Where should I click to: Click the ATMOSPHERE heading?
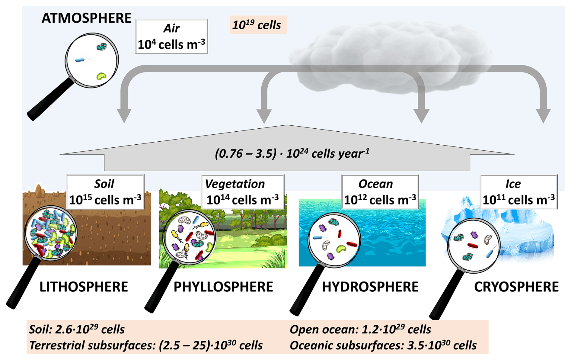tap(86, 18)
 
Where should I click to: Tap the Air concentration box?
tap(171, 37)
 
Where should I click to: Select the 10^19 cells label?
tap(257, 25)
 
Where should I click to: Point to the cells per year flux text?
tap(292, 154)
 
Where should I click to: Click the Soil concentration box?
tap(105, 192)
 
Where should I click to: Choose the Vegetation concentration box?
tap(243, 192)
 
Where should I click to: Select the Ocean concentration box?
tap(380, 192)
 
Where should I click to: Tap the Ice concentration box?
tap(518, 192)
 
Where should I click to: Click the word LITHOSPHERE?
tap(84, 287)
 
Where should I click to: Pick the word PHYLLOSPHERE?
tap(223, 287)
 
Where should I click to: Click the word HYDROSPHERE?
tap(370, 287)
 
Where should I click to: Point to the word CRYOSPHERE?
tap(516, 287)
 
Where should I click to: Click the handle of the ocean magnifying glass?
tap(306, 290)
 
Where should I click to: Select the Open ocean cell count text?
tap(360, 329)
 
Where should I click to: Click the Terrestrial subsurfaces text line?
tap(146, 345)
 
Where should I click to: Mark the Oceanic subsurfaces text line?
tap(383, 345)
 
